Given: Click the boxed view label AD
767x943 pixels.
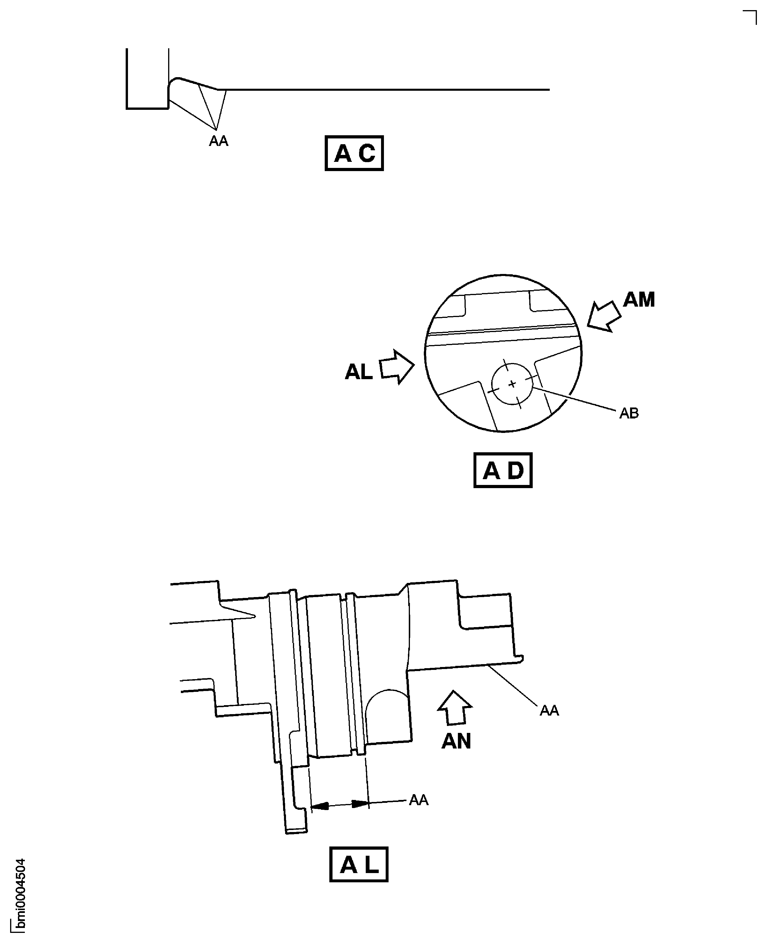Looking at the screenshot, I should [x=502, y=470].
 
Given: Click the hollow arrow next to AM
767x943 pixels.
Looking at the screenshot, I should [x=604, y=316].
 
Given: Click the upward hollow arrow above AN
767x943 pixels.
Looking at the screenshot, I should [x=455, y=708].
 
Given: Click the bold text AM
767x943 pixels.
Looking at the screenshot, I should [x=638, y=300].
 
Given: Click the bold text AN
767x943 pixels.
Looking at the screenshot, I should [x=456, y=741].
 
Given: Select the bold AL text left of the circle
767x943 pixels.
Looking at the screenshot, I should [x=358, y=372].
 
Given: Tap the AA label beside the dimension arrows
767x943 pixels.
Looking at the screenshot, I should [x=418, y=800].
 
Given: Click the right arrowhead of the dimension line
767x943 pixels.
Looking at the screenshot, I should [x=360, y=804].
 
